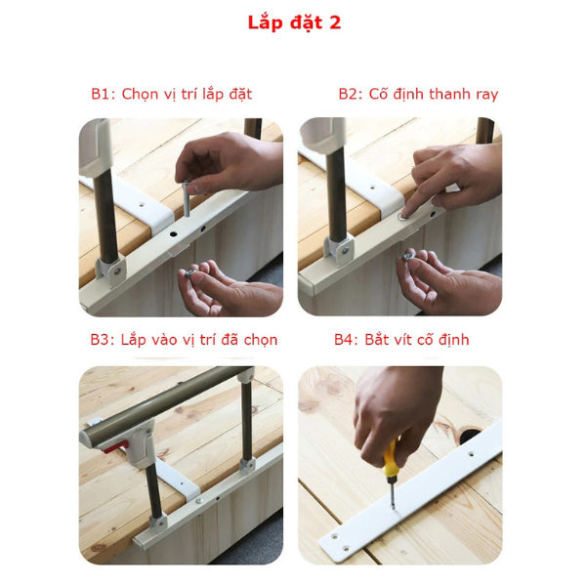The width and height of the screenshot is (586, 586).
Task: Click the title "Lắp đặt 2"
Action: pyautogui.click(x=294, y=23)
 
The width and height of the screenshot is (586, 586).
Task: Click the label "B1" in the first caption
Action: pyautogui.click(x=102, y=94)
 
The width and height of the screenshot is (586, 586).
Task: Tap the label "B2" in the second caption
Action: pyautogui.click(x=350, y=94)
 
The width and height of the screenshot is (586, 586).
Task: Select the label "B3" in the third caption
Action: pyautogui.click(x=102, y=340)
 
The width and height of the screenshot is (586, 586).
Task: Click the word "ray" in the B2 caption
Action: pyautogui.click(x=487, y=95)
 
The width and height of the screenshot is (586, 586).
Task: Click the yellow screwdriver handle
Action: pyautogui.click(x=390, y=460)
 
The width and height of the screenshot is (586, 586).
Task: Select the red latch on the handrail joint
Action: pyautogui.click(x=115, y=447)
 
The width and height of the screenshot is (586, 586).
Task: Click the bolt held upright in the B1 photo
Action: pyautogui.click(x=186, y=198)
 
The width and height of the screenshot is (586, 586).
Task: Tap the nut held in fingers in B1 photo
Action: pyautogui.click(x=190, y=272)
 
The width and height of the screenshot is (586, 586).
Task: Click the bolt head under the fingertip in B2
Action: pyautogui.click(x=402, y=217)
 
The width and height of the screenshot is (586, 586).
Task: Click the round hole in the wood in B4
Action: pyautogui.click(x=470, y=435)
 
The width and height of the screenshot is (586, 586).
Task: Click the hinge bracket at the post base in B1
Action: pyautogui.click(x=110, y=272)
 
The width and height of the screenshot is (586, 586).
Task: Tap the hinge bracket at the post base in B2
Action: pyautogui.click(x=339, y=250)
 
